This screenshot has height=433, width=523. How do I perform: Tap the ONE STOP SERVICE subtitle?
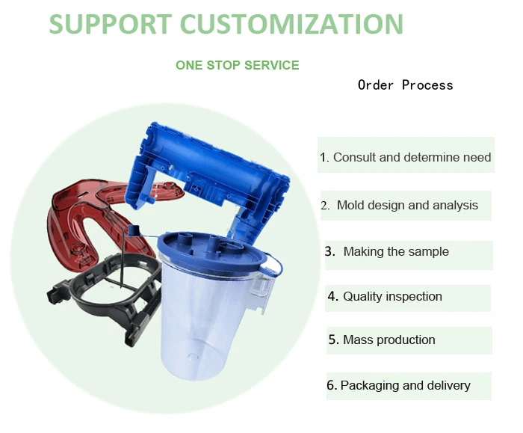237,65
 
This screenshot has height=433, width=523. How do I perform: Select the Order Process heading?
405,85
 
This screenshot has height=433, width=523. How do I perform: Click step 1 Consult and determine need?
406,157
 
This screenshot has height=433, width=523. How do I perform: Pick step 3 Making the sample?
395,252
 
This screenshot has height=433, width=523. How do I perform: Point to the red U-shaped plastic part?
71,224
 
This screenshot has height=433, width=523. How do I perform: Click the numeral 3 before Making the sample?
329,252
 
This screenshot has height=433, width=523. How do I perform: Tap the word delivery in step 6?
448,386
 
